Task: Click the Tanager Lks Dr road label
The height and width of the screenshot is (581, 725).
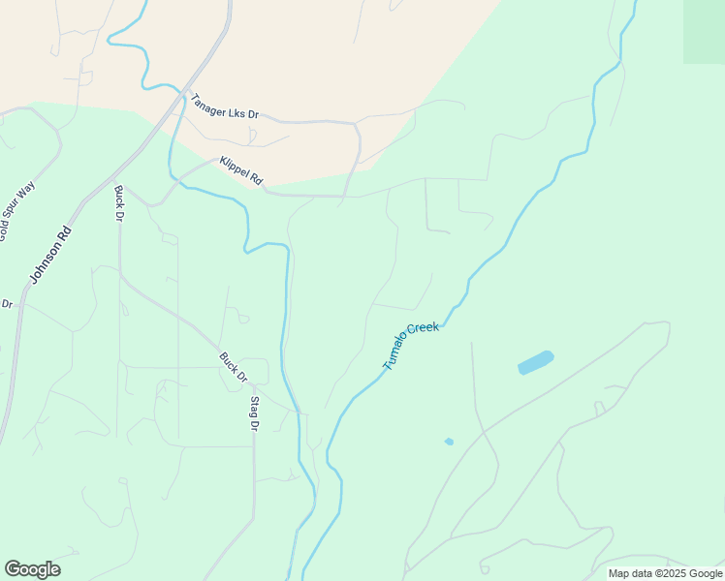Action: [x=225, y=107]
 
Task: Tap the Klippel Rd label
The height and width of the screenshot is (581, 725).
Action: [x=241, y=170]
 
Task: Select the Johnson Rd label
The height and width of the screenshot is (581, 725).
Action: [x=50, y=255]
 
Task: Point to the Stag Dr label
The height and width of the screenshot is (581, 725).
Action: [x=255, y=413]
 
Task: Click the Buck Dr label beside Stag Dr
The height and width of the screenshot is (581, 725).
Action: [x=233, y=367]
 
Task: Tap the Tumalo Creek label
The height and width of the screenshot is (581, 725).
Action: [x=411, y=346]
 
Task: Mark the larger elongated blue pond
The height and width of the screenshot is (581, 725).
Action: [x=536, y=362]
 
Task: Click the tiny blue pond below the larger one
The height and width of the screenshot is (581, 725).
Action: [x=449, y=442]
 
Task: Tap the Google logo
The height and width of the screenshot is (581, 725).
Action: [x=32, y=569]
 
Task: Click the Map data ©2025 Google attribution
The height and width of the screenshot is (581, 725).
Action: [x=665, y=573]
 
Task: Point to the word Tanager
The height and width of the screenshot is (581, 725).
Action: [x=208, y=102]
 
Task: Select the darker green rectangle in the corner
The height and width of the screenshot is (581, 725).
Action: [x=704, y=31]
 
